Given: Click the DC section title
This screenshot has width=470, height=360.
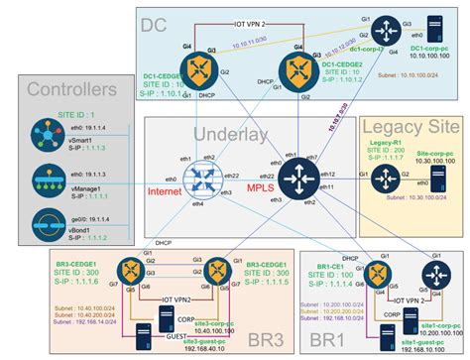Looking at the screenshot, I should point(163,24).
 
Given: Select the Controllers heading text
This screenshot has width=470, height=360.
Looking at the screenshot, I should point(68,92).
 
